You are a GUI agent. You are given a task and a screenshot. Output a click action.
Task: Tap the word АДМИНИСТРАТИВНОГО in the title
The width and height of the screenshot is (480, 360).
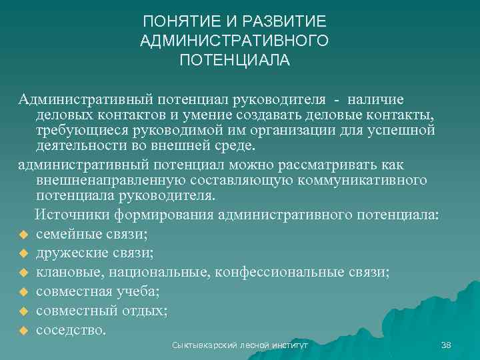[x=235, y=41]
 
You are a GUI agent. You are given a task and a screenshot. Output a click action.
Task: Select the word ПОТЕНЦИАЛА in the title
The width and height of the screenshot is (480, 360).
[x=235, y=61]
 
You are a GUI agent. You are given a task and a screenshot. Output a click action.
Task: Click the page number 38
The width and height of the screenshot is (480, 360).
[x=447, y=345]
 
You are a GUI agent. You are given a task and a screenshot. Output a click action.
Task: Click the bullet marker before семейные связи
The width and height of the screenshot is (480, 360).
[x=22, y=235]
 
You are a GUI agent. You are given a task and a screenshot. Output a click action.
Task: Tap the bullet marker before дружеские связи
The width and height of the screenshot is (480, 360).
[x=22, y=254]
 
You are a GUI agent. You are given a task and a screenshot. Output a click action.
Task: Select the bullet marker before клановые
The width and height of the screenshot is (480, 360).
[x=22, y=273]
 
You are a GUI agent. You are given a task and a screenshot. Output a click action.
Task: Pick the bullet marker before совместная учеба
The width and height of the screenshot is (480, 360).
[x=22, y=292]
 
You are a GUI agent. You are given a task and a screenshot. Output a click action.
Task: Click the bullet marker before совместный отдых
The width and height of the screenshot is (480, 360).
[x=22, y=311]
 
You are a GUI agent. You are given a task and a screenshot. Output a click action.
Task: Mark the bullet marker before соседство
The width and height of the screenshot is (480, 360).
[x=22, y=330]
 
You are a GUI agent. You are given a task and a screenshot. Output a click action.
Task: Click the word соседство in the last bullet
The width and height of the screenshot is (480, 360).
[x=71, y=329]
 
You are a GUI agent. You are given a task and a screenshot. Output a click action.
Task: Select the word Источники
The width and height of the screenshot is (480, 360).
[x=71, y=214]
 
